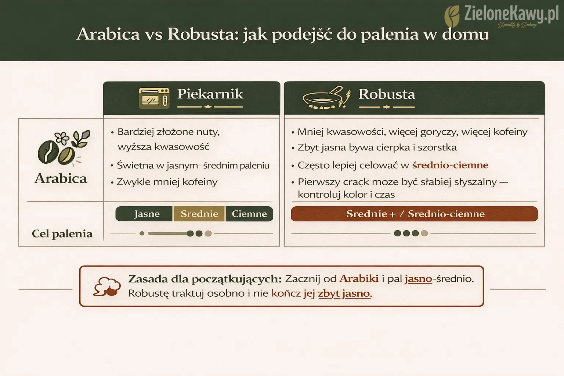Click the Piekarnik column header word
(x=210, y=94)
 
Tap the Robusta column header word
(x=387, y=94)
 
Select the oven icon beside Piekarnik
(x=154, y=98)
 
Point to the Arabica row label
(x=61, y=178)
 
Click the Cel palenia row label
(x=62, y=234)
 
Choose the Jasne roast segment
(x=147, y=214)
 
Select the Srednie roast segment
(x=199, y=214)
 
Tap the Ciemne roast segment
(x=249, y=214)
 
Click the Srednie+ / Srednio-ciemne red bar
(x=415, y=214)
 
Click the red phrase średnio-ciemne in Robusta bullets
(x=450, y=165)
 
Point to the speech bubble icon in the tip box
(x=107, y=287)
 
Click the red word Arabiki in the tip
(x=359, y=278)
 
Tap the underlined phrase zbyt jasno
(x=344, y=293)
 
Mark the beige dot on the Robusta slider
(x=424, y=233)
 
